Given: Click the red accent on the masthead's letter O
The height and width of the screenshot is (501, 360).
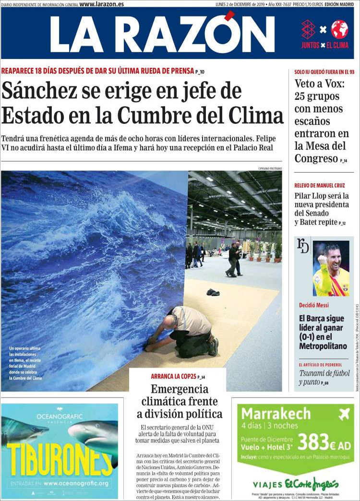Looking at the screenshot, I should tap(229, 16).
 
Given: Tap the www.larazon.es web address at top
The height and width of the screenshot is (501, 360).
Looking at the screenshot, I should tap(101, 4).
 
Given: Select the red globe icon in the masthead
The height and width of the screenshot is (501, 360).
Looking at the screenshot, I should tap(339, 29).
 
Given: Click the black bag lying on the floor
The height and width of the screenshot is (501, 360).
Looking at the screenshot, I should tap(213, 292).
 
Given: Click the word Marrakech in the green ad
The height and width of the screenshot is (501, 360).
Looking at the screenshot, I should tap(276, 414).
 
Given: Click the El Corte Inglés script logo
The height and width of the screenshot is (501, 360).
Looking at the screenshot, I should tap(312, 483).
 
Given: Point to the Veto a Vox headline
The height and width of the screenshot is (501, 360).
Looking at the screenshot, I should tap(319, 83).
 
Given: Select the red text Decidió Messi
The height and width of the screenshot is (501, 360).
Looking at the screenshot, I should tap(313, 305).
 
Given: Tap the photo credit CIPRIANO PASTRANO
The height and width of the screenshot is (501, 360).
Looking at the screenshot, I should tap(270, 168).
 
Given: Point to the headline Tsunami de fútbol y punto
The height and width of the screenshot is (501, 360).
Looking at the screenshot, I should tap(324, 377).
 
